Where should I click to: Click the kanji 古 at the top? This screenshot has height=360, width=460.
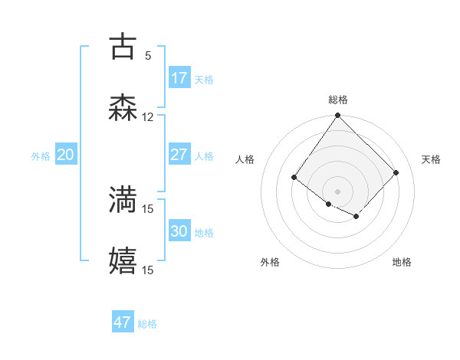pyautogui.click(x=123, y=45)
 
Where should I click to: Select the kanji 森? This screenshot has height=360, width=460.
pyautogui.click(x=123, y=107)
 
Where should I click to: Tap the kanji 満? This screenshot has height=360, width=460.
pyautogui.click(x=123, y=199)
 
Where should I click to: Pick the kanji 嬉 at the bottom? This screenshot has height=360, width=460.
pyautogui.click(x=123, y=260)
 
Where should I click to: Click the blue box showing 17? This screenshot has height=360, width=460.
pyautogui.click(x=179, y=78)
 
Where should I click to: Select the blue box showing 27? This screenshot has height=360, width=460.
pyautogui.click(x=179, y=155)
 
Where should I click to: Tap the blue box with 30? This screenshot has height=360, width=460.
pyautogui.click(x=179, y=231)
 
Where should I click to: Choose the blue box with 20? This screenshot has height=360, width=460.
pyautogui.click(x=66, y=155)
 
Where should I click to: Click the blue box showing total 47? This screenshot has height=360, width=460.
pyautogui.click(x=123, y=322)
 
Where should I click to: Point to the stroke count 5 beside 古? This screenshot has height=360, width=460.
pyautogui.click(x=148, y=55)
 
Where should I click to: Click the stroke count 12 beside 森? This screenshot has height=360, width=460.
pyautogui.click(x=148, y=116)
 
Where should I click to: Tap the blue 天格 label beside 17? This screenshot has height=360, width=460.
pyautogui.click(x=204, y=79)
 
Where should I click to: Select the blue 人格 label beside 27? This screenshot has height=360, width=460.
pyautogui.click(x=204, y=155)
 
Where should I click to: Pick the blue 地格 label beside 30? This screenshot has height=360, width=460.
pyautogui.click(x=204, y=232)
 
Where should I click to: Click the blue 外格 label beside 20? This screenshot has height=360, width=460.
pyautogui.click(x=41, y=155)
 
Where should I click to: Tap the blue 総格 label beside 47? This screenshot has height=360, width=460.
pyautogui.click(x=147, y=323)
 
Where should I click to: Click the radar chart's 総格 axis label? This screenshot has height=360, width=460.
pyautogui.click(x=338, y=100)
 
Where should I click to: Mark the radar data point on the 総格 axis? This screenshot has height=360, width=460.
pyautogui.click(x=338, y=116)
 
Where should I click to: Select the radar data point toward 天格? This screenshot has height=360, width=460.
pyautogui.click(x=396, y=172)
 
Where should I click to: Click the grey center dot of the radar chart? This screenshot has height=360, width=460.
pyautogui.click(x=338, y=191)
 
